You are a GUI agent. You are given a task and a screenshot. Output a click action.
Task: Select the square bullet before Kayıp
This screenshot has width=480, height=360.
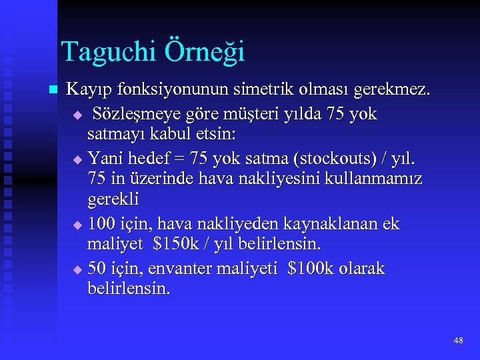(x=53, y=90)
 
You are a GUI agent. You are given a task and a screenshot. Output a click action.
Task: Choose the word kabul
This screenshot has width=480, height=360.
(x=165, y=135)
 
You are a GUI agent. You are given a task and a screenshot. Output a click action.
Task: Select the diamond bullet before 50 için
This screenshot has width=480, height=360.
(x=77, y=270)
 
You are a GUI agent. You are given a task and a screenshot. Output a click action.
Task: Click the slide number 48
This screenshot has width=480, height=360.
(x=457, y=341)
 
